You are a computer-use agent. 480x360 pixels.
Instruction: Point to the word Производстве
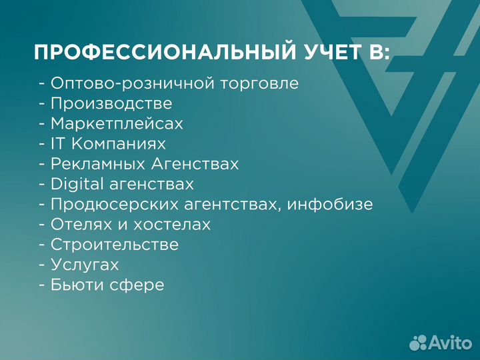tap(111, 104)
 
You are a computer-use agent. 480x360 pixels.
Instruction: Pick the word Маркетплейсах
tap(117, 124)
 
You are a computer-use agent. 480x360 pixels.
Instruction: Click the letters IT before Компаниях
tap(58, 144)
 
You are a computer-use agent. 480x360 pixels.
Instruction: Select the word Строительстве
tap(115, 245)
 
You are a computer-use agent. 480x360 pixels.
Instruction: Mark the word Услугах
tap(85, 265)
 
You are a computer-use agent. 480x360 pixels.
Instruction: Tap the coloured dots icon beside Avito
tap(418, 342)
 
